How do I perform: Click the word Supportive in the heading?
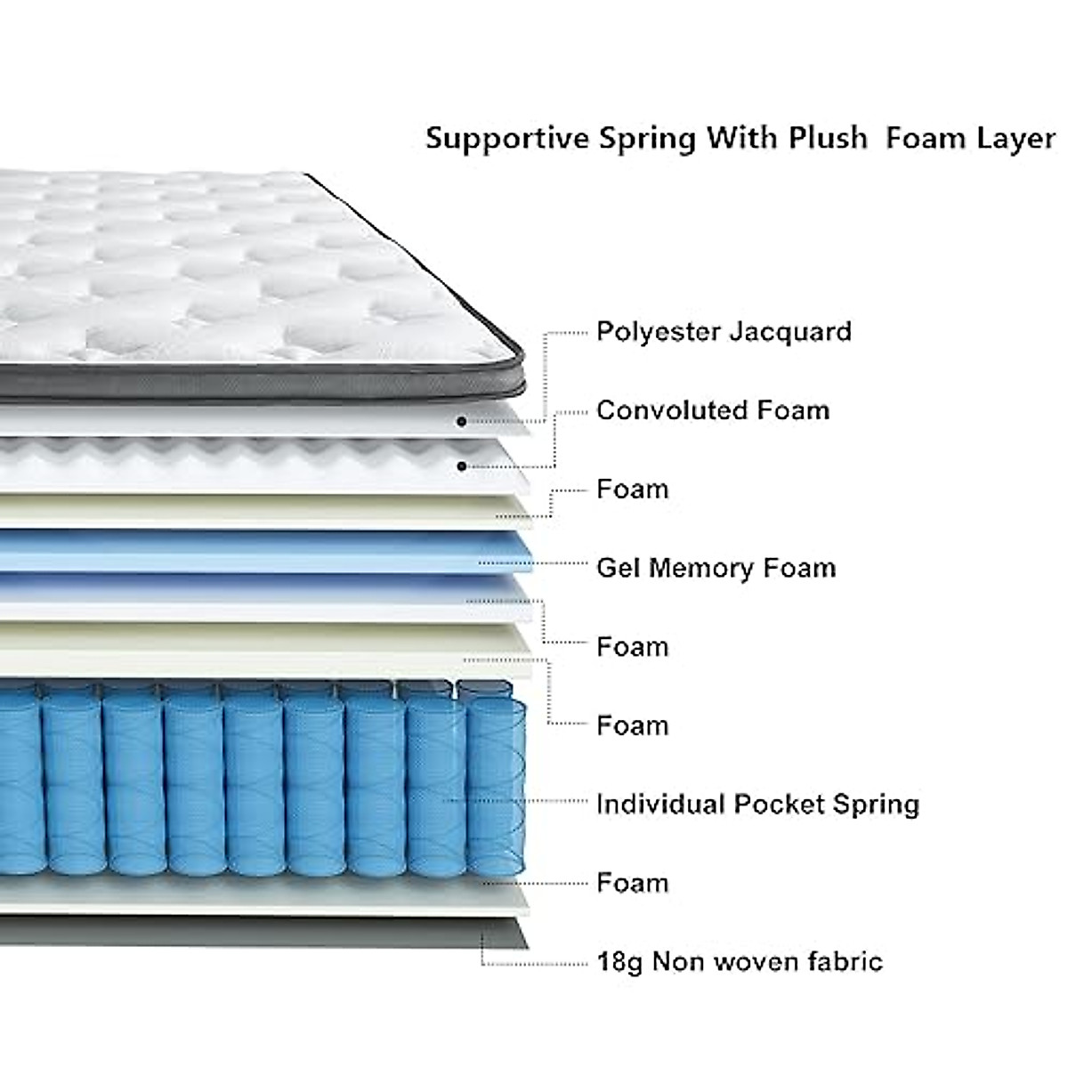click(507, 139)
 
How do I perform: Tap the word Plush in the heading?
click(827, 139)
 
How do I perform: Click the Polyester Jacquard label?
click(724, 332)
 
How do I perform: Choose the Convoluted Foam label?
click(713, 410)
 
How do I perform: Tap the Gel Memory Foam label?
click(716, 568)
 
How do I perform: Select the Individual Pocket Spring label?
click(757, 805)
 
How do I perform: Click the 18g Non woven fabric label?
click(740, 962)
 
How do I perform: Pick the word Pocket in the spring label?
click(780, 805)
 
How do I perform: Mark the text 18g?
click(619, 963)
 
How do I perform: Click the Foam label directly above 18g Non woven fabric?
click(632, 883)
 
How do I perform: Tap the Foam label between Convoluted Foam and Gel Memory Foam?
click(632, 489)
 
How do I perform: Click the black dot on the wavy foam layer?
click(461, 465)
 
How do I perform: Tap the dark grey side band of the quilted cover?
click(267, 378)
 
